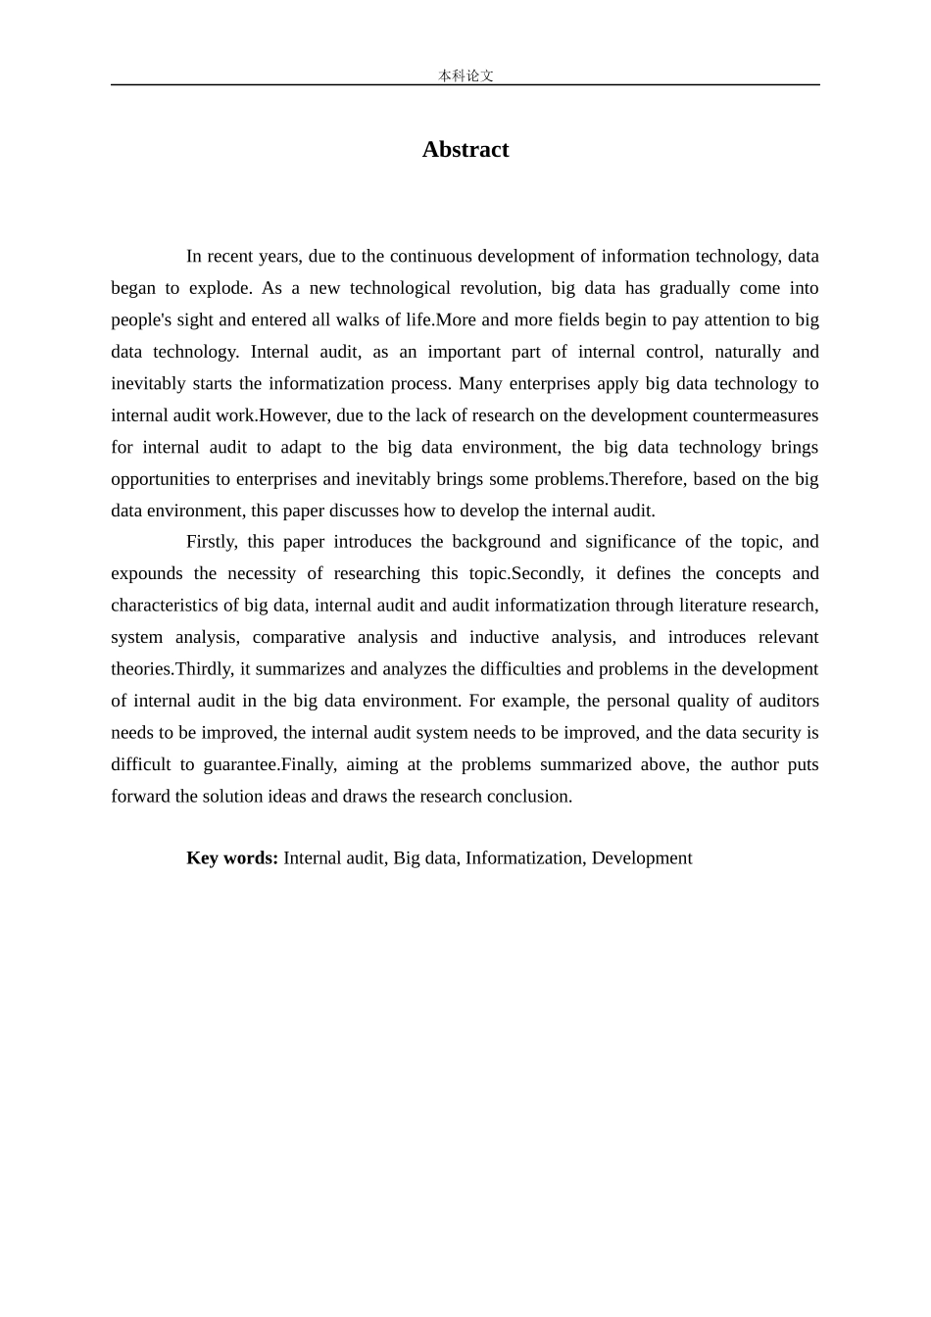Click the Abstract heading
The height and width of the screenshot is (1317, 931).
(465, 150)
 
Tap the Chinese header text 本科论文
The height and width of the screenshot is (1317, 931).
(465, 75)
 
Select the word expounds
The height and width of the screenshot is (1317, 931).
(147, 574)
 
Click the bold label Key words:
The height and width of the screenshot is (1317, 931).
(232, 858)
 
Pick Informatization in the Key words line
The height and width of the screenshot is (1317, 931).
(524, 858)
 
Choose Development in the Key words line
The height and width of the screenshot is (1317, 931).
(642, 858)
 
